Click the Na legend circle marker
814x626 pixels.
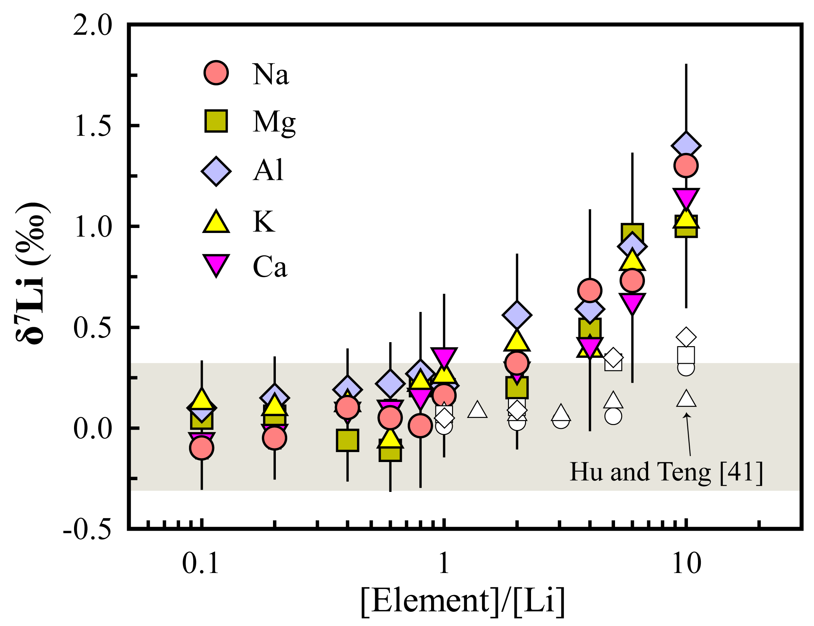[x=216, y=73]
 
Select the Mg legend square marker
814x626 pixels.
[x=216, y=121]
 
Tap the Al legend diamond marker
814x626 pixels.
[x=216, y=171]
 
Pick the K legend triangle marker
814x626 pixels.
[x=216, y=223]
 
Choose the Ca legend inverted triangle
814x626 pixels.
[x=216, y=264]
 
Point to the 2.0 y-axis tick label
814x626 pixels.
[x=92, y=26]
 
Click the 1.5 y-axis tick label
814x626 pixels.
[x=93, y=126]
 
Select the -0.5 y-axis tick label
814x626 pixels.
[x=87, y=529]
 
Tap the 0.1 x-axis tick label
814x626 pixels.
[x=200, y=563]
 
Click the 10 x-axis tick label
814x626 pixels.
[x=686, y=563]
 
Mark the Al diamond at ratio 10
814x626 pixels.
[x=686, y=145]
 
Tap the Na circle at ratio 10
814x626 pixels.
[x=686, y=166]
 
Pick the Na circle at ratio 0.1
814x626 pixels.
[x=201, y=447]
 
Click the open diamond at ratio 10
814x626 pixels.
[x=686, y=337]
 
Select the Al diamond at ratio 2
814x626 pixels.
[x=516, y=315]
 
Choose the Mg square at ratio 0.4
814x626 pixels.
[x=347, y=440]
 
